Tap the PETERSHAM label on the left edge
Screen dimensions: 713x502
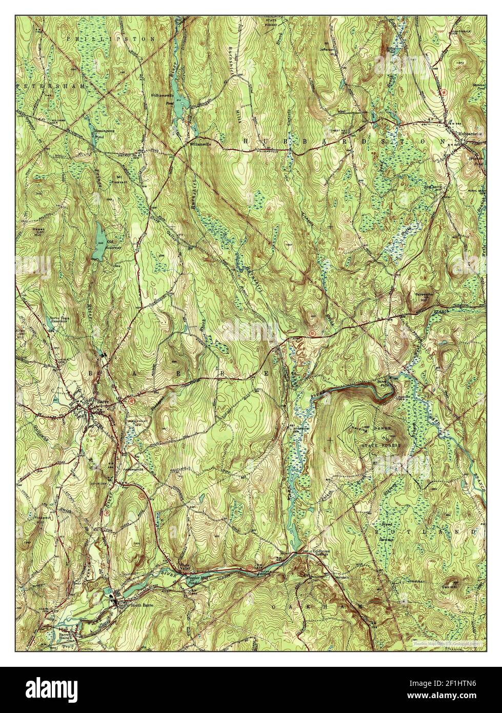(49, 86)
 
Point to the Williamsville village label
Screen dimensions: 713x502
(199, 144)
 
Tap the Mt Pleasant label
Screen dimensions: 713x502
(118, 180)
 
